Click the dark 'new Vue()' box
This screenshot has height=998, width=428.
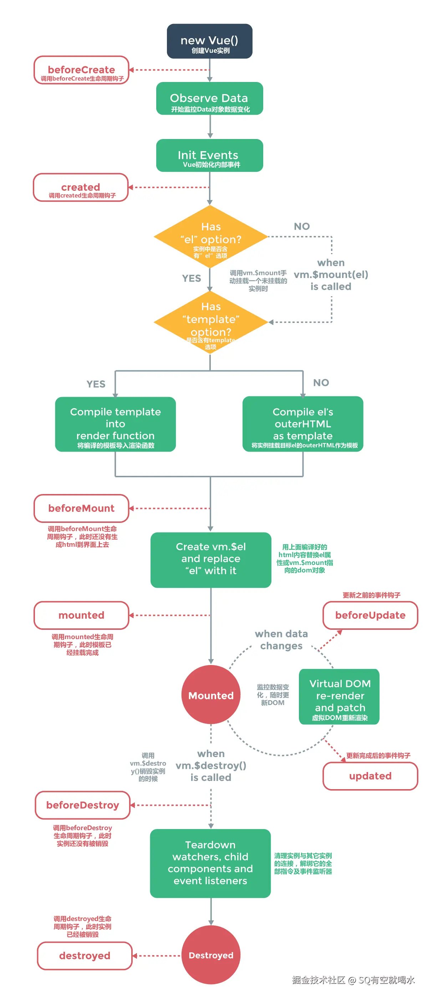pos(209,41)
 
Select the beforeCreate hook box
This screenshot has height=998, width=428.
pos(81,70)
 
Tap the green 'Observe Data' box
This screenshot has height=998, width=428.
pos(209,98)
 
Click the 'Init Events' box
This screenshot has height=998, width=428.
pos(209,155)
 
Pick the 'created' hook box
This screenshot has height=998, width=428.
pos(81,187)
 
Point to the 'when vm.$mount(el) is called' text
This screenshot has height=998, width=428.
pos(331,275)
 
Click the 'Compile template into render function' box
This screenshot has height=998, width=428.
pos(115,424)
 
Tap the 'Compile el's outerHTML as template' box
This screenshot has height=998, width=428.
pos(303,424)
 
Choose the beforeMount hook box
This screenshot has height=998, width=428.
pos(81,508)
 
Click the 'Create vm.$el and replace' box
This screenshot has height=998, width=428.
pos(211,560)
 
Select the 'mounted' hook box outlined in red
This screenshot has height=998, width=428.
pos(81,615)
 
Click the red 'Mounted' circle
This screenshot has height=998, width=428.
pos(211,695)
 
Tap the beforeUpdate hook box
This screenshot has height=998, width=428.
pos(370,615)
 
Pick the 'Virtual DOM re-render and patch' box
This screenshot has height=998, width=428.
pos(339,696)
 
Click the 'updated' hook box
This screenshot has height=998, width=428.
pos(370,776)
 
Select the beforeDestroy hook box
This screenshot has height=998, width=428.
pos(83,805)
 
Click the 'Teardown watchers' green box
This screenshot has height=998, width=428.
pos(210,863)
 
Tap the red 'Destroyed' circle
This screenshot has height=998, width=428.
pos(211,955)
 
